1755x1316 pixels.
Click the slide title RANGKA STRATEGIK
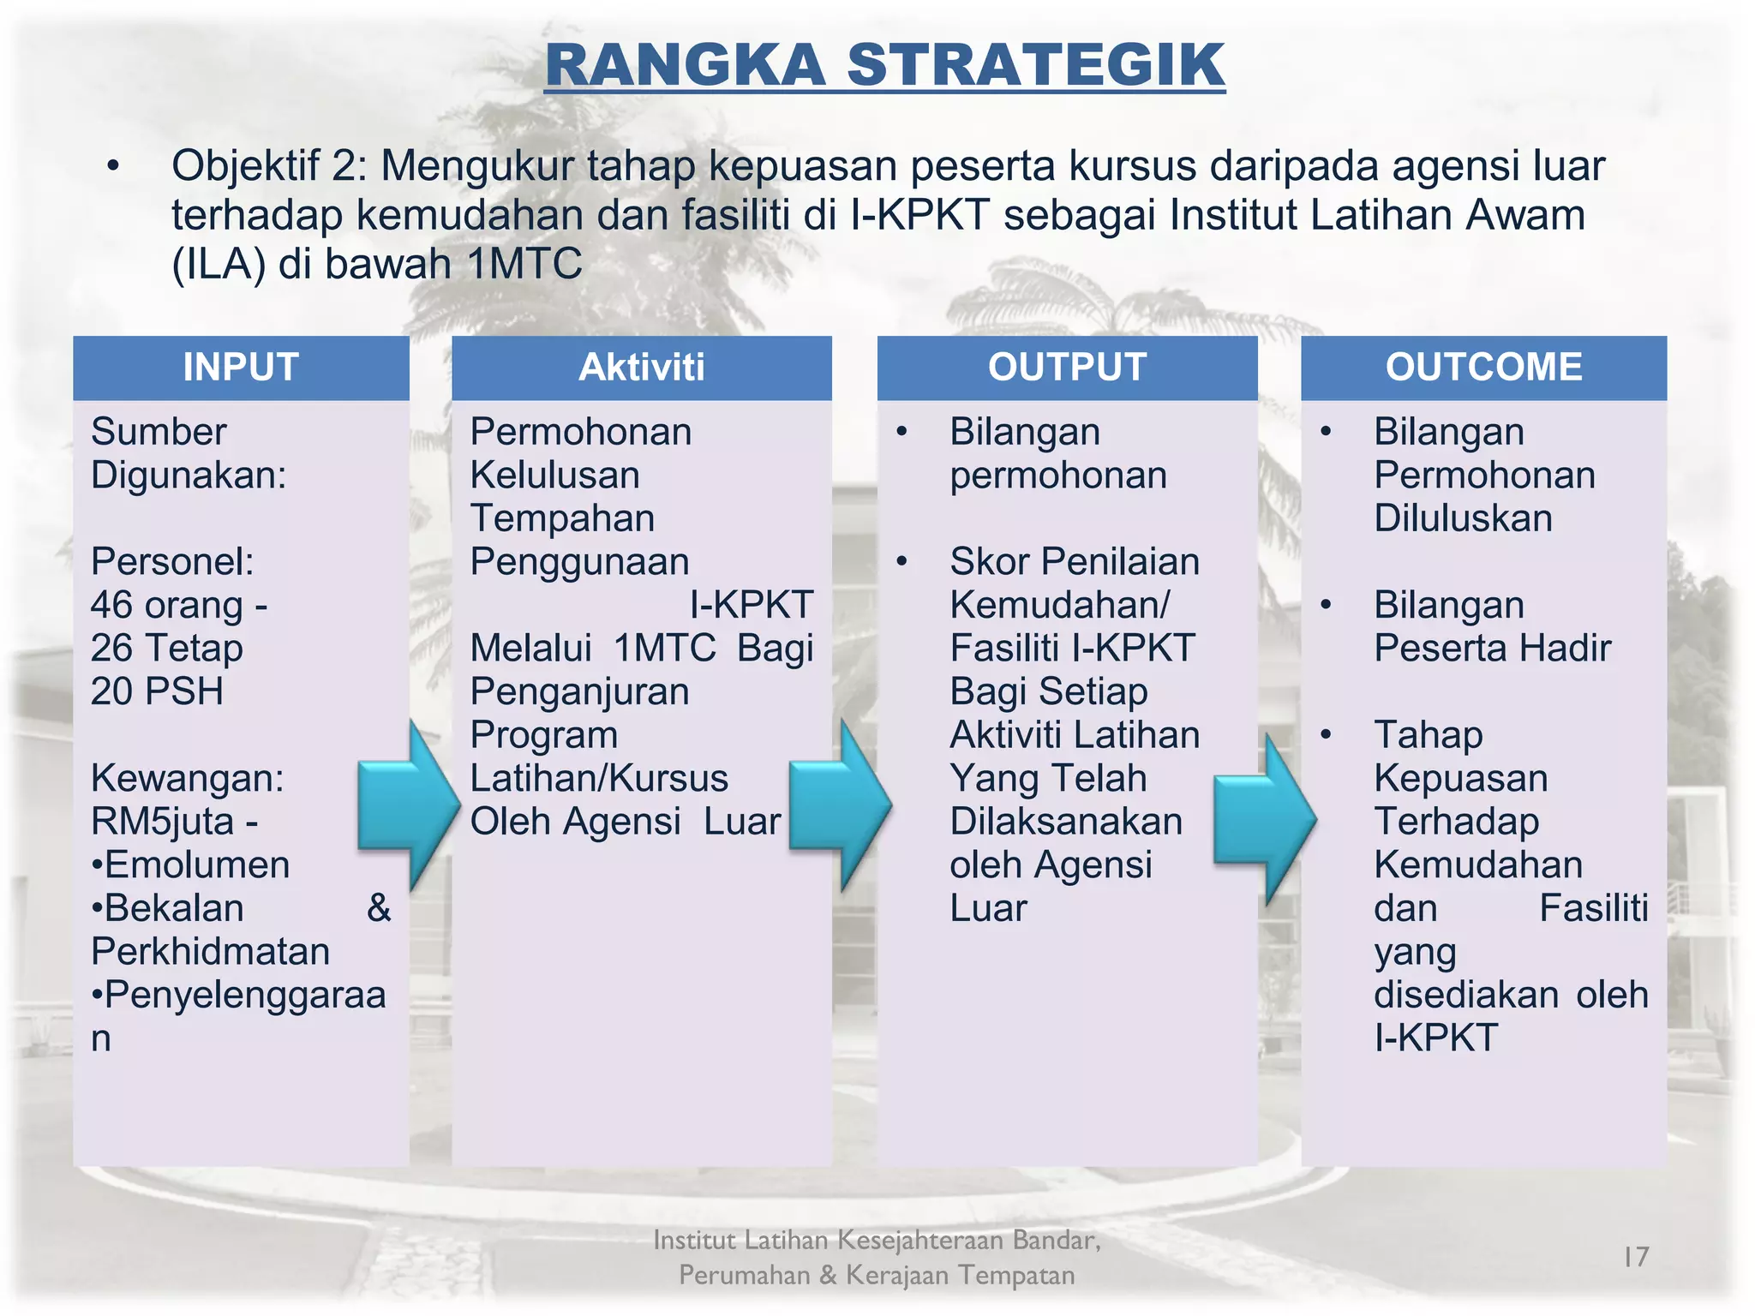coord(884,65)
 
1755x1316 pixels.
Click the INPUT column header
coord(241,367)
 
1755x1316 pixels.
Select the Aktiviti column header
coord(641,367)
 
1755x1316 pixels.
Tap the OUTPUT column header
coord(1067,367)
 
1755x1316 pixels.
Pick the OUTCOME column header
coord(1483,367)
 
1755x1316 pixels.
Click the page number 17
coord(1635,1256)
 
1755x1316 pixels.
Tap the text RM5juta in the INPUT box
coord(163,822)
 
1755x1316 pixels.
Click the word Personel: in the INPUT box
coord(172,562)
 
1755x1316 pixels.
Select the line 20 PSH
coord(157,691)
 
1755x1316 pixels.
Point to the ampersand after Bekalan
coord(379,908)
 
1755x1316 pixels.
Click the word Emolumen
coord(196,865)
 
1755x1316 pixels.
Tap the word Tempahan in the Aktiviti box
coord(562,518)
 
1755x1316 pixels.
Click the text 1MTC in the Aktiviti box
coord(664,649)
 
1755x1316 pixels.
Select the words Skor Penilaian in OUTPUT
coord(1075,562)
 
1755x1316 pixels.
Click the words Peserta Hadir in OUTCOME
coord(1492,649)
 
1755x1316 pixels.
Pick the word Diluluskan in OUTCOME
coord(1463,518)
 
